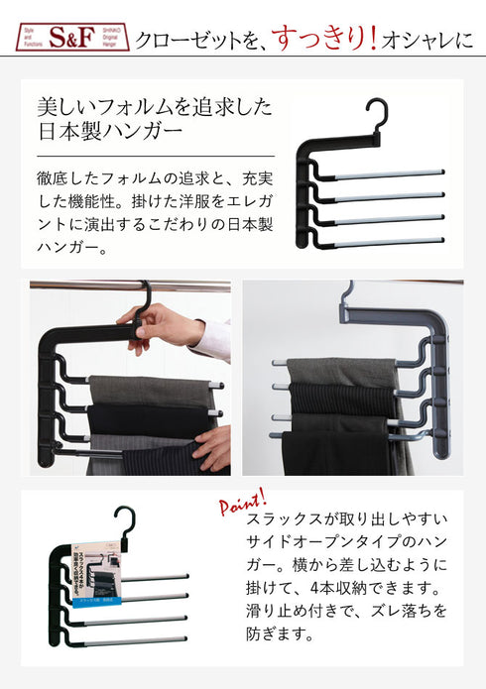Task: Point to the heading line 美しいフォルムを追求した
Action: [154, 106]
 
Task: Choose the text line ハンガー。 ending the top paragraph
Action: [71, 247]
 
